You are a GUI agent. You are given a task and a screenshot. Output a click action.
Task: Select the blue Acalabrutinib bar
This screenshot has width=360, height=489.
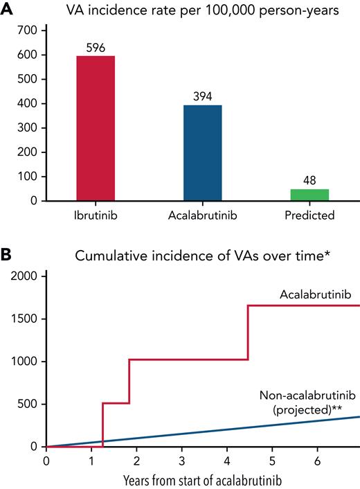[x=203, y=153]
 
